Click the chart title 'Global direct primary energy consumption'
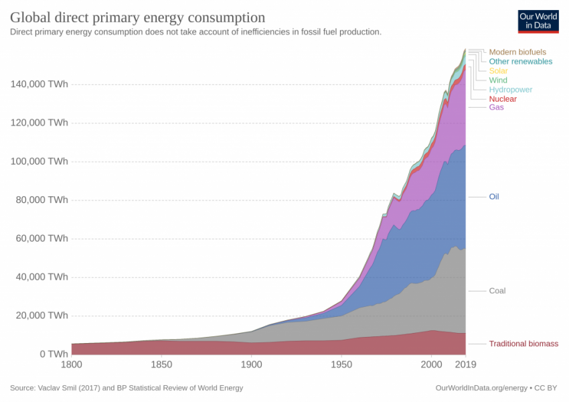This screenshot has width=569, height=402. [x=137, y=17]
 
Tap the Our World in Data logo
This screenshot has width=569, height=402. [x=538, y=21]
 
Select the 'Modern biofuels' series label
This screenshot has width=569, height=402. [x=517, y=52]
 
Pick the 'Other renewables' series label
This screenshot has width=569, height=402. [x=520, y=62]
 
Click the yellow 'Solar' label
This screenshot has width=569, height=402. [x=498, y=71]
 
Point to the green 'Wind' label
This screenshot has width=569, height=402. [x=498, y=80]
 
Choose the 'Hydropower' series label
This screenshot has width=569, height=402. [x=510, y=90]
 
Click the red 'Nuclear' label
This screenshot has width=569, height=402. [x=503, y=99]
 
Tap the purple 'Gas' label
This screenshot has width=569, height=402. [x=496, y=107]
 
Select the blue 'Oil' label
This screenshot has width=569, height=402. [x=494, y=197]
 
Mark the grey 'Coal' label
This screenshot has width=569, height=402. [x=497, y=291]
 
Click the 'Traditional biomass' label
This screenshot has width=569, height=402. [x=523, y=344]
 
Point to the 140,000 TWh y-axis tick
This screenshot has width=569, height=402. [x=39, y=84]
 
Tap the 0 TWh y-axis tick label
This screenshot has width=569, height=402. [x=54, y=354]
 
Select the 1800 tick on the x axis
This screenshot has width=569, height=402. [x=72, y=364]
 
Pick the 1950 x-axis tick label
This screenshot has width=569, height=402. [x=341, y=364]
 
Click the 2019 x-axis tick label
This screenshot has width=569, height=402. [x=465, y=364]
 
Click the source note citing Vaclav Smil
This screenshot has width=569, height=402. [x=127, y=388]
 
